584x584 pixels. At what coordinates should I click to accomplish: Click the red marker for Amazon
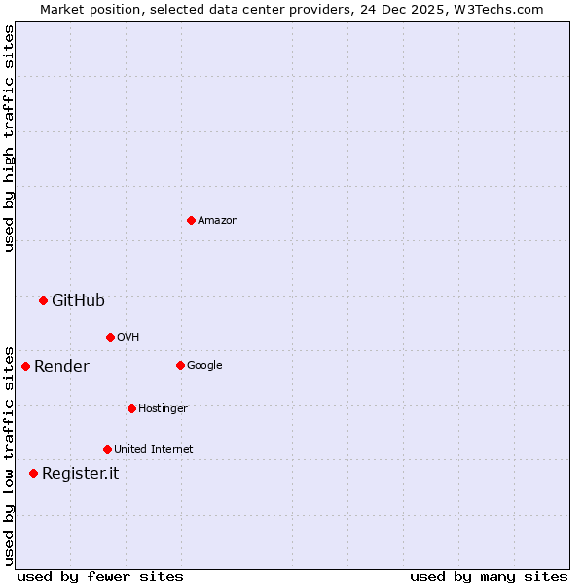point(191,220)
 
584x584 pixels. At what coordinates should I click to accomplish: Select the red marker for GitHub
point(43,300)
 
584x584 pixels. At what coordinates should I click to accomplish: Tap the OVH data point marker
point(110,337)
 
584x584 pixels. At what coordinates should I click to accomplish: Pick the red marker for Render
point(25,366)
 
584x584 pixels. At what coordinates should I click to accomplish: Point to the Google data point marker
point(180,365)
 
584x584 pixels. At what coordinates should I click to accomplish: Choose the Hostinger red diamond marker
point(131,408)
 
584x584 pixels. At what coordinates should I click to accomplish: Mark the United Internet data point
point(107,449)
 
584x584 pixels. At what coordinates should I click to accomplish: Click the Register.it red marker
point(33,473)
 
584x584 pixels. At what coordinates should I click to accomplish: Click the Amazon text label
point(218,221)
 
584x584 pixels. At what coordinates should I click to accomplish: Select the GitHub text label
point(78,301)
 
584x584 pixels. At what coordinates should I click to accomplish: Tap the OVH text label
point(128,338)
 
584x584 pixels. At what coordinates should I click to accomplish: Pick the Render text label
point(61,367)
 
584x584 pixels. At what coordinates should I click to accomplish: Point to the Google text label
point(204,366)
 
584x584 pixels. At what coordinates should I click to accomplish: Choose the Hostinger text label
point(163,409)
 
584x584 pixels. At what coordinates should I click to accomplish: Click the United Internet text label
point(153,450)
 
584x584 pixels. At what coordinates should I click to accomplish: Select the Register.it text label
point(80,474)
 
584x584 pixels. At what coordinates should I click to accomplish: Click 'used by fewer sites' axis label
point(100,577)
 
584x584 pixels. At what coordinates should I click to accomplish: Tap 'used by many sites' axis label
point(489,577)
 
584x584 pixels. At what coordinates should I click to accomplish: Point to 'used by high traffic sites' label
point(9,138)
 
